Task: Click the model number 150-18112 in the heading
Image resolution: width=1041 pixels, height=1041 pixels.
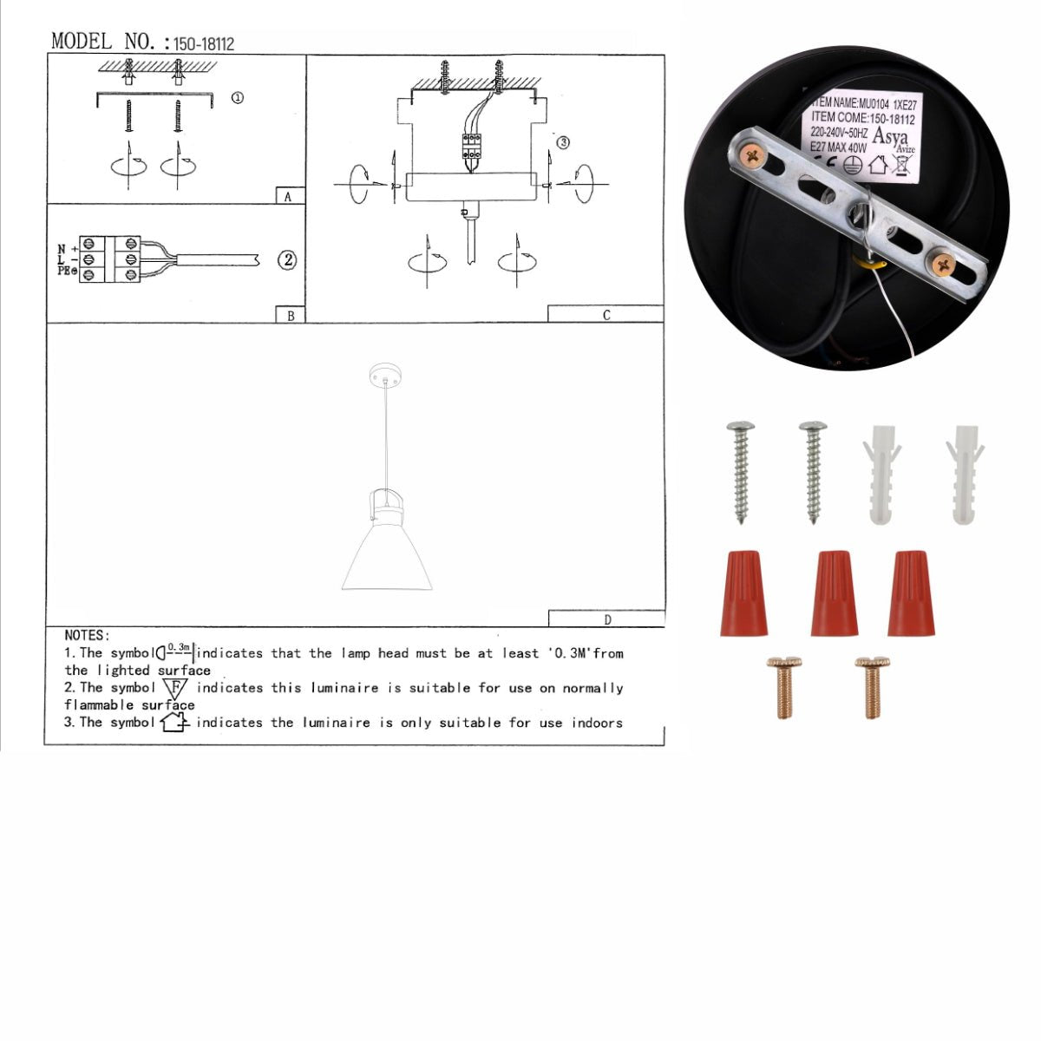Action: tap(204, 43)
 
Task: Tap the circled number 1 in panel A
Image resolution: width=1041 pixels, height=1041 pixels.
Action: tap(237, 98)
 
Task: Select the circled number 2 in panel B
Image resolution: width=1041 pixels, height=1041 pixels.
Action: tap(287, 259)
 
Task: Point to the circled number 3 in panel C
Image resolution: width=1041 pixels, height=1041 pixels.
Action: tap(563, 142)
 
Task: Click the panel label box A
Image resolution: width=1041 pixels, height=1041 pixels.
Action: tap(289, 196)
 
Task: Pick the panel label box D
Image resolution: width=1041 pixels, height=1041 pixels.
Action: tap(606, 619)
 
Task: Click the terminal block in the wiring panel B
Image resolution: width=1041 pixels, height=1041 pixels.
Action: tap(110, 259)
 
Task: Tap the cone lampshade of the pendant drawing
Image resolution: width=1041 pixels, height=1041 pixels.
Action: tap(387, 555)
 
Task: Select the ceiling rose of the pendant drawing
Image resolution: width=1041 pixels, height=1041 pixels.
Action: tap(386, 376)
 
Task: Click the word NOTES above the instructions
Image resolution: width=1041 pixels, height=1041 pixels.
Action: tap(87, 636)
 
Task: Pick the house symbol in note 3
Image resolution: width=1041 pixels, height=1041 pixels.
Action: tap(174, 722)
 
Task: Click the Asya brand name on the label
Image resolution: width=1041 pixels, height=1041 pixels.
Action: tap(889, 137)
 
